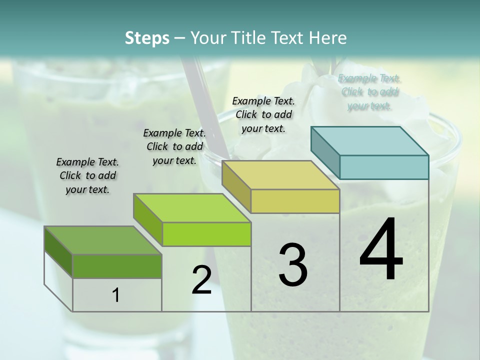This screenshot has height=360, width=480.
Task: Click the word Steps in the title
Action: pos(147,38)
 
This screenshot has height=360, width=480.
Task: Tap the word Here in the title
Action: pos(328,38)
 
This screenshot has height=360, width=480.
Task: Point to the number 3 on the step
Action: pos(293,264)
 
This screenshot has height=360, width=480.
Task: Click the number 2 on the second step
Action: pos(201,280)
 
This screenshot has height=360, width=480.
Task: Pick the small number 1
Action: pos(116,295)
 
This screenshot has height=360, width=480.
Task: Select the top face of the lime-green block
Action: pos(192,208)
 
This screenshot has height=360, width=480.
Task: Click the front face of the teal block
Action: pos(384,167)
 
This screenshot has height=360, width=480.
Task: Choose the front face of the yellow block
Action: pos(295,201)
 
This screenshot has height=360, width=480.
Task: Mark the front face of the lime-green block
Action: pos(206,234)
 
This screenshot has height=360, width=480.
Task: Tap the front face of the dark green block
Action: pos(117,266)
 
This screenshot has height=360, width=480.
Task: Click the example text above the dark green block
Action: pos(87,175)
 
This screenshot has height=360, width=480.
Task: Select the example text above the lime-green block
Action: pos(174,146)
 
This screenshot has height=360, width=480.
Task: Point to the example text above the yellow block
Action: pos(263,114)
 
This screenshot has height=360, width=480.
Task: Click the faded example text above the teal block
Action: pos(369,92)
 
